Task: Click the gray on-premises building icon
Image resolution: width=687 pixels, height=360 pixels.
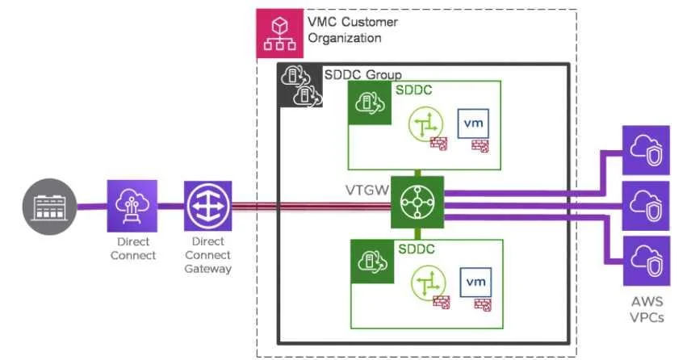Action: tap(49, 207)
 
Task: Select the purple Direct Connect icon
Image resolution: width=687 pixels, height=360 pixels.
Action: tap(132, 206)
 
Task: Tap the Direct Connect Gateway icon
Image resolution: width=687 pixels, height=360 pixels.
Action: tap(207, 206)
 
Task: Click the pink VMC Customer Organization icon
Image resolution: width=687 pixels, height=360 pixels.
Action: tap(279, 33)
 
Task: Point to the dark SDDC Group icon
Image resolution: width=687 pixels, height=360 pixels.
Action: tap(300, 86)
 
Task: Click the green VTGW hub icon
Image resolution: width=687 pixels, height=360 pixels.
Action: tap(417, 203)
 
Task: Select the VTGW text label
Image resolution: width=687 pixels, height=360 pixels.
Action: tap(367, 190)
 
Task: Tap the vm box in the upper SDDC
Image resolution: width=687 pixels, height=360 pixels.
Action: tap(473, 123)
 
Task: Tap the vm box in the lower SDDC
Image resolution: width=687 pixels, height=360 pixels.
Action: tap(475, 282)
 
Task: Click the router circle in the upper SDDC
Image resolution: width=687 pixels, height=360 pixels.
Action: tap(425, 124)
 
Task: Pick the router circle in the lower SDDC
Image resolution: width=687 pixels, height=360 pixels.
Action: tap(428, 283)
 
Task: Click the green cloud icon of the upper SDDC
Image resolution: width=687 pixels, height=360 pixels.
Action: tap(370, 103)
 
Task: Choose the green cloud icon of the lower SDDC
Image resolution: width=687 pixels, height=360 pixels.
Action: tap(372, 262)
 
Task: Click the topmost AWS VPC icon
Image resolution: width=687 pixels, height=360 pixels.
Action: tap(646, 150)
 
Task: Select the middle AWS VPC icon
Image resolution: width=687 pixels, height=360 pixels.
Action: tap(646, 206)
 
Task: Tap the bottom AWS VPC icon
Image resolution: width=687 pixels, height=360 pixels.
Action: tap(647, 261)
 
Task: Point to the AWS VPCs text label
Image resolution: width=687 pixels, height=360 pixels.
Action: tap(647, 309)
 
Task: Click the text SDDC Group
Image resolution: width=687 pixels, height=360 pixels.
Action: tap(362, 74)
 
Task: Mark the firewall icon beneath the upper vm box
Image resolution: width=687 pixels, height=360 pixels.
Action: tap(480, 146)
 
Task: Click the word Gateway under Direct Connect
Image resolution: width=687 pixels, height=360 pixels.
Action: tap(207, 269)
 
